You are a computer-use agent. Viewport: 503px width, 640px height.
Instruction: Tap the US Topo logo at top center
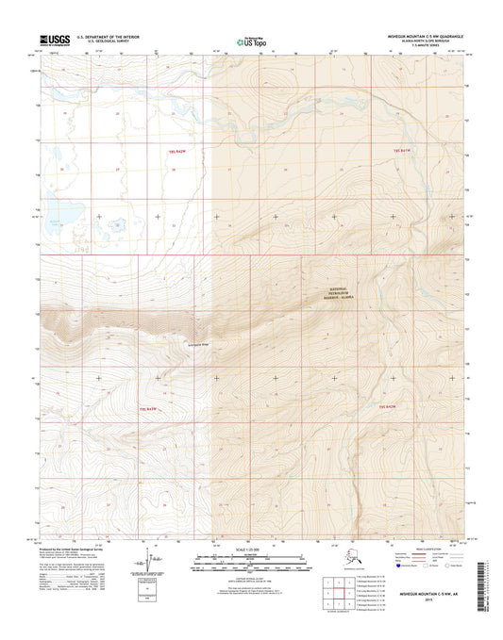(x=251, y=41)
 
